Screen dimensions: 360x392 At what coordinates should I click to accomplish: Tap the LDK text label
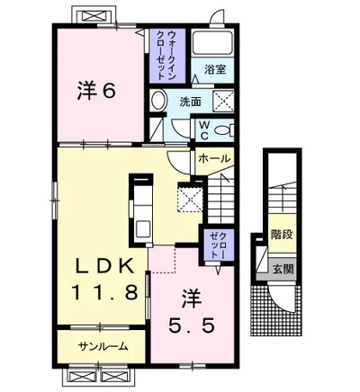point(104,266)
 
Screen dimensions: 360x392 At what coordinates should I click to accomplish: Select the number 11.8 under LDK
point(104,291)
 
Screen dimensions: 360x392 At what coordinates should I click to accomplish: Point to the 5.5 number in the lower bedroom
point(192,325)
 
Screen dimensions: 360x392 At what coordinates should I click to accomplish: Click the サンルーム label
point(103,347)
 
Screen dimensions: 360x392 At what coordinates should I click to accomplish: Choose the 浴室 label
point(215,69)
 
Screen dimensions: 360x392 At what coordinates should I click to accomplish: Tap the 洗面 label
point(190,102)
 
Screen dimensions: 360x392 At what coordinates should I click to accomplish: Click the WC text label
point(204,130)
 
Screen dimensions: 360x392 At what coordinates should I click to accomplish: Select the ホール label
point(214,158)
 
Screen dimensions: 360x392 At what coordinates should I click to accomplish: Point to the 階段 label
point(282,234)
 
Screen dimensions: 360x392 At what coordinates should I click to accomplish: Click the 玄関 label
point(283,270)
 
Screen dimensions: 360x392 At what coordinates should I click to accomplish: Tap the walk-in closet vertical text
point(166,55)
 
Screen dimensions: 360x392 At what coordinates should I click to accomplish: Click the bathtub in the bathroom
point(212,42)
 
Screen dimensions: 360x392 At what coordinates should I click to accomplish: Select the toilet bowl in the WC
point(223,129)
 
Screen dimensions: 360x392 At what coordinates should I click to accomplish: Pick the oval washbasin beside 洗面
point(158,101)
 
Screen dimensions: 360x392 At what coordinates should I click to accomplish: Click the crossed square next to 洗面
point(223,101)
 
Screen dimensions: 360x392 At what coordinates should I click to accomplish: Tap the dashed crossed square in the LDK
point(190,197)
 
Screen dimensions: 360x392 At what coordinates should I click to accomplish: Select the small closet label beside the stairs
point(218,245)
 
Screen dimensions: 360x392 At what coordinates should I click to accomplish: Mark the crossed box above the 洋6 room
point(90,15)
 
